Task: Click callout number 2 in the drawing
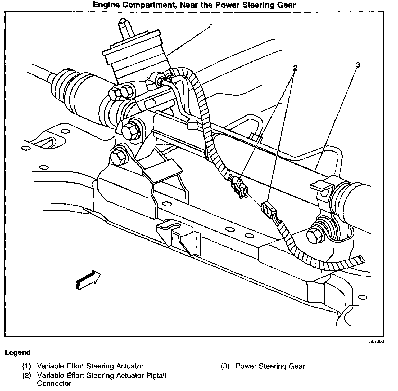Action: point(295,68)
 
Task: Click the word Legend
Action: point(18,353)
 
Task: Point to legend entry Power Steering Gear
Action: point(270,366)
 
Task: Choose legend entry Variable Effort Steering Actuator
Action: point(90,366)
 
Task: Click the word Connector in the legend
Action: point(54,383)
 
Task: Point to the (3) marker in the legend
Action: point(225,366)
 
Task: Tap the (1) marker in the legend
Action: point(26,366)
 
